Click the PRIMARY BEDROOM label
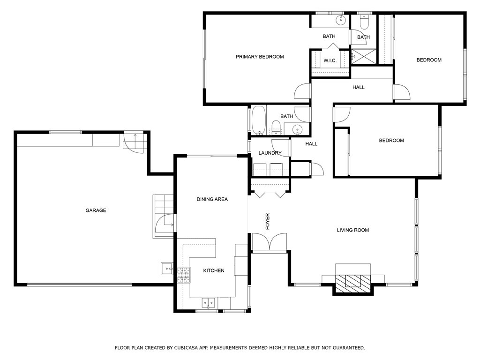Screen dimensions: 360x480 (259, 57)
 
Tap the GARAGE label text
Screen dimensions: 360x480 (96, 210)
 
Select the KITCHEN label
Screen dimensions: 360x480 (213, 270)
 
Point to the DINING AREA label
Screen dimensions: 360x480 (212, 199)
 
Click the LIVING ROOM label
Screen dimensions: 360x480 (352, 230)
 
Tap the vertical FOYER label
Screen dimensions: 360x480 (268, 221)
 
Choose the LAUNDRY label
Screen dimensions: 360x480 (270, 153)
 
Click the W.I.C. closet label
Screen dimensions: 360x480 (330, 60)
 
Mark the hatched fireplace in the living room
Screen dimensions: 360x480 (353, 280)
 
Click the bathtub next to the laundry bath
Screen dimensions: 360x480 (258, 120)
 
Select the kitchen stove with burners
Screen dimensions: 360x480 (183, 275)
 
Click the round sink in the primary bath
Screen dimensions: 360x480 (341, 20)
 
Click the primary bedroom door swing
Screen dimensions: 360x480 (302, 91)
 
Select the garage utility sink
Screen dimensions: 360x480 (166, 269)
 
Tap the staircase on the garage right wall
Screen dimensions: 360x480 (163, 217)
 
